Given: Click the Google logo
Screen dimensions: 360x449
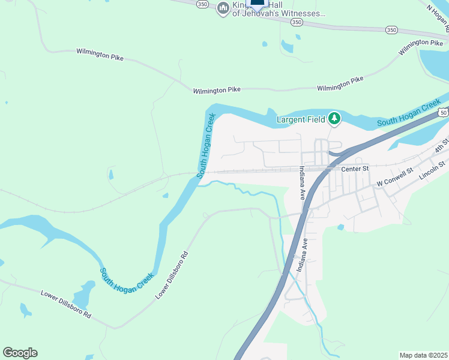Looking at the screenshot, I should click(x=20, y=353).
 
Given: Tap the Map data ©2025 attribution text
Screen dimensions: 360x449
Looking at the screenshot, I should click(x=423, y=355).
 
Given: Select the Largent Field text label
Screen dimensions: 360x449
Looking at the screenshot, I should click(x=300, y=119).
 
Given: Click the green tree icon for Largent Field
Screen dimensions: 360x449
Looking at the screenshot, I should click(x=334, y=119).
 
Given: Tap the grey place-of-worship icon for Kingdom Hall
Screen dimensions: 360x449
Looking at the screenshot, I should click(x=223, y=7).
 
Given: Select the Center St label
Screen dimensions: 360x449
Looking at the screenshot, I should click(x=354, y=169).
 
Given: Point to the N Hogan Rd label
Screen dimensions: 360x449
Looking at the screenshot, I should click(x=438, y=16).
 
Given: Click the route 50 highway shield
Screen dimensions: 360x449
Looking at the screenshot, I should click(x=444, y=113).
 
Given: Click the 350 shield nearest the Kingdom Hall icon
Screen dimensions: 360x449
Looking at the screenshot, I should click(x=203, y=4).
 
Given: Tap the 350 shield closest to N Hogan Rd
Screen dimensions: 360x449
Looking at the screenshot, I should click(x=391, y=29).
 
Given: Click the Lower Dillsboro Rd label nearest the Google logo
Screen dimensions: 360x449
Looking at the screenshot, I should click(x=65, y=305).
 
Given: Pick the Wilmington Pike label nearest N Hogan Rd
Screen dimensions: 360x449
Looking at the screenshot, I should click(x=421, y=44).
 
